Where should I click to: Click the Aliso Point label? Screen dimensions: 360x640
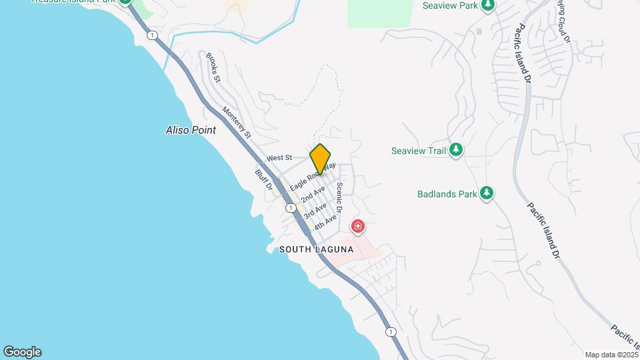[x=191, y=131]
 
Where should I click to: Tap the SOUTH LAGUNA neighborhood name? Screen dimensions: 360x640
[x=315, y=249]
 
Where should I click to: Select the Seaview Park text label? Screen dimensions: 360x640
[x=451, y=5]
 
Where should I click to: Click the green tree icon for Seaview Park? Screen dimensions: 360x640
[x=488, y=5]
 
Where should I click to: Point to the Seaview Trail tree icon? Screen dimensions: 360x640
[x=456, y=150]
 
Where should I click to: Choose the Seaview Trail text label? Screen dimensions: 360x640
[x=419, y=151]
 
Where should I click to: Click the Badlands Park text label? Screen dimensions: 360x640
[x=447, y=194]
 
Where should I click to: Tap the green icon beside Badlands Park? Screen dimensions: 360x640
[x=487, y=193]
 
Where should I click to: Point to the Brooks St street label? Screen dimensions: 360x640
[x=213, y=67]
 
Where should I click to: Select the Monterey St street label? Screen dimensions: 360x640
[x=237, y=123]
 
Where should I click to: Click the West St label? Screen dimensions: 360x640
[x=279, y=158]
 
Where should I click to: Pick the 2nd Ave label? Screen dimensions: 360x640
[x=313, y=195]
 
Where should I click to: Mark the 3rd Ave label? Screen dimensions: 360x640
[x=316, y=211]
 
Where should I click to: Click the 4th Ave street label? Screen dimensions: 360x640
[x=326, y=223]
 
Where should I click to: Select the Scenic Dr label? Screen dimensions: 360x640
[x=339, y=198]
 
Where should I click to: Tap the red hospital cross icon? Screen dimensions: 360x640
[x=358, y=227]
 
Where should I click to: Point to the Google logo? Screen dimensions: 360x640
[x=22, y=352]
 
